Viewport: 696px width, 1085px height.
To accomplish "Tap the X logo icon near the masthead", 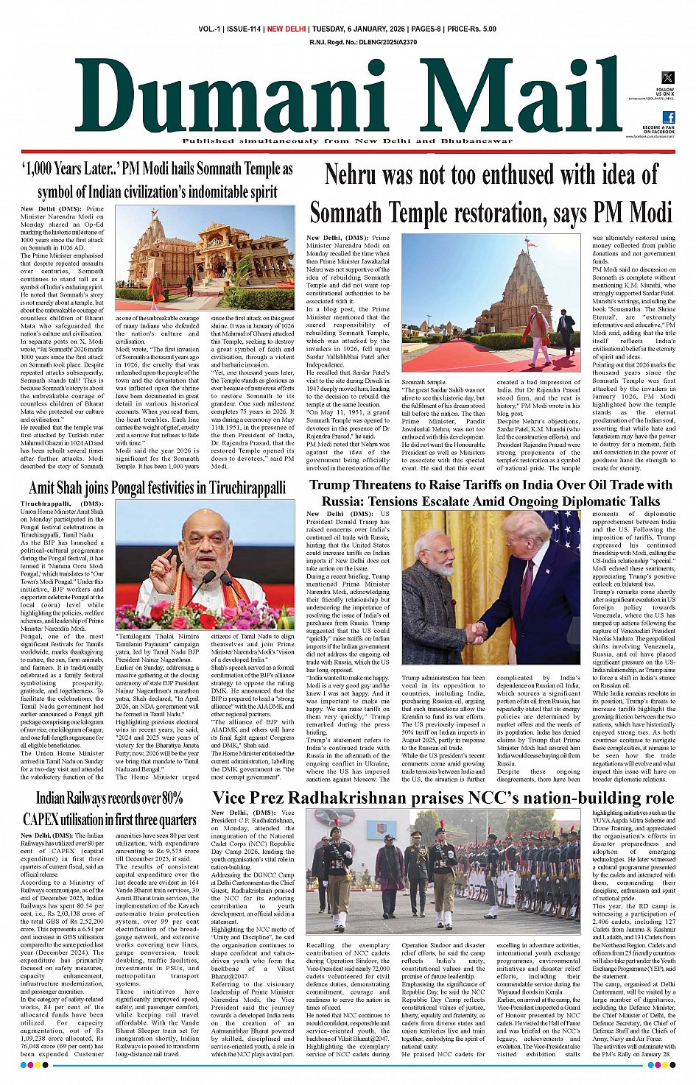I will click(667, 77).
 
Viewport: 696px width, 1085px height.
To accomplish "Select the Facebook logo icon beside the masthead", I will click(669, 117).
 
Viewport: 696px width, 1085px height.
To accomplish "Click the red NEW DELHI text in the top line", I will click(287, 29).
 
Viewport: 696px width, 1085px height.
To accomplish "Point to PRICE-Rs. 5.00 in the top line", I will click(471, 29).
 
